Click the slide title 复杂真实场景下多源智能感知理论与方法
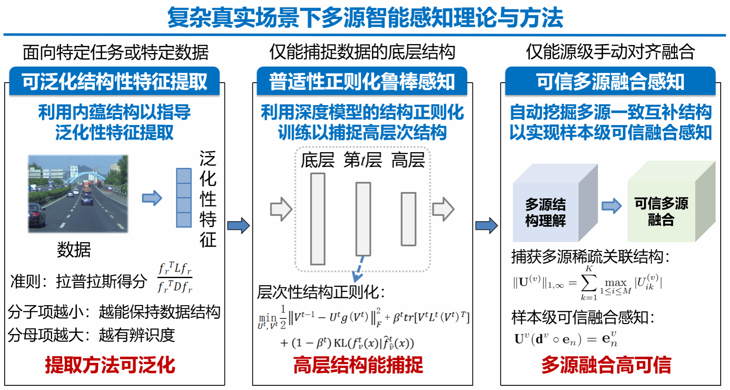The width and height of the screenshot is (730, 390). tap(365, 17)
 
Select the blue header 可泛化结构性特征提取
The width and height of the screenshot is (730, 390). tap(114, 81)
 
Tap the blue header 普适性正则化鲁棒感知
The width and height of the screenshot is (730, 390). tap(362, 81)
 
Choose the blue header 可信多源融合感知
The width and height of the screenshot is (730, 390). tap(610, 81)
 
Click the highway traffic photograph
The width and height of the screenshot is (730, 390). tap(78, 194)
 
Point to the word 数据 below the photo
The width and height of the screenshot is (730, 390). tap(74, 250)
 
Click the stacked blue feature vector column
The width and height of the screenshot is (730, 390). tap(184, 198)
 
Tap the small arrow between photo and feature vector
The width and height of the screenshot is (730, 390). tap(152, 198)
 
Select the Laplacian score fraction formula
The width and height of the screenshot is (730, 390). tap(175, 278)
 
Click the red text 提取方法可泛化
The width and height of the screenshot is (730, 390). tap(110, 365)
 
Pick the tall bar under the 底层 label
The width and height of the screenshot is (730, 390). tap(318, 219)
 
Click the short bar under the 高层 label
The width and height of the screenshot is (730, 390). tap(409, 219)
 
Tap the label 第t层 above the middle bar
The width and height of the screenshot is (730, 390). tap(362, 160)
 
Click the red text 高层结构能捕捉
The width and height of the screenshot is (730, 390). tap(358, 365)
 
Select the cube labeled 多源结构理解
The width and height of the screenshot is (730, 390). tap(555, 203)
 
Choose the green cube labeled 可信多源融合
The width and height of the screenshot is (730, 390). tap(671, 201)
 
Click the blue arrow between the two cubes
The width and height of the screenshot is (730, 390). tap(612, 206)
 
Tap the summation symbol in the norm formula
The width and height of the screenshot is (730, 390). tap(589, 282)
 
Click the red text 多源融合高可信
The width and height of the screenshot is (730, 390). tap(606, 365)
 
